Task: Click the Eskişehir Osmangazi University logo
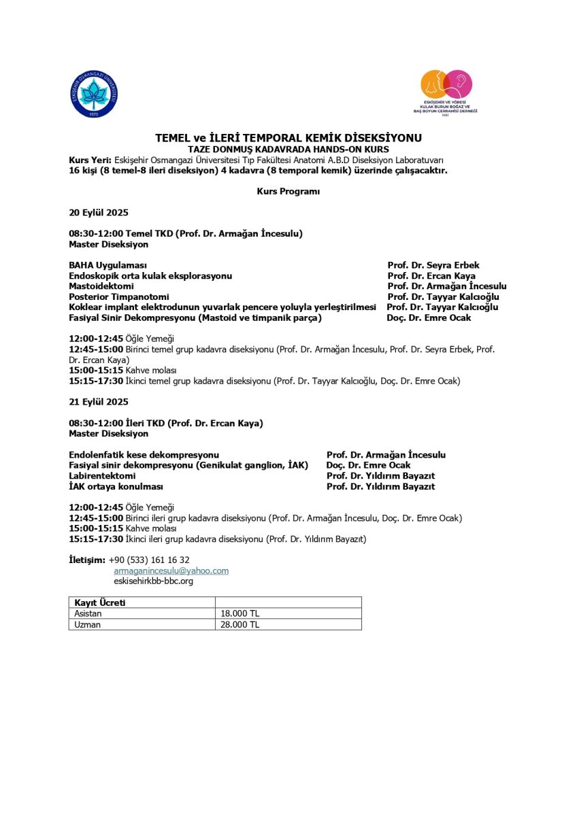95,94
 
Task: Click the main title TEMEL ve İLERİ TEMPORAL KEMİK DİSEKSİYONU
288,138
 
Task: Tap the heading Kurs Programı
288,192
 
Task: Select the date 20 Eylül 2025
99,212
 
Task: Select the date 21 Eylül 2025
99,402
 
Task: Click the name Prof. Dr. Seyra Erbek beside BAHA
433,265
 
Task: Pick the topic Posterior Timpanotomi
119,297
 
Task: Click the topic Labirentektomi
102,476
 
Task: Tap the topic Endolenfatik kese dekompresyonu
144,455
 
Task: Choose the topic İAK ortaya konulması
116,487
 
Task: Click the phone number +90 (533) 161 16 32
149,560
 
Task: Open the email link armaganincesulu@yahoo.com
171,571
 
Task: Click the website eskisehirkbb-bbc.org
153,581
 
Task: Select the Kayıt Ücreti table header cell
100,603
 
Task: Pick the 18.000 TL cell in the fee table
240,614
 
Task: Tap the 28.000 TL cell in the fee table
240,625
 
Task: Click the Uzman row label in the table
87,625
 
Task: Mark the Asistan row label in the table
88,614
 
